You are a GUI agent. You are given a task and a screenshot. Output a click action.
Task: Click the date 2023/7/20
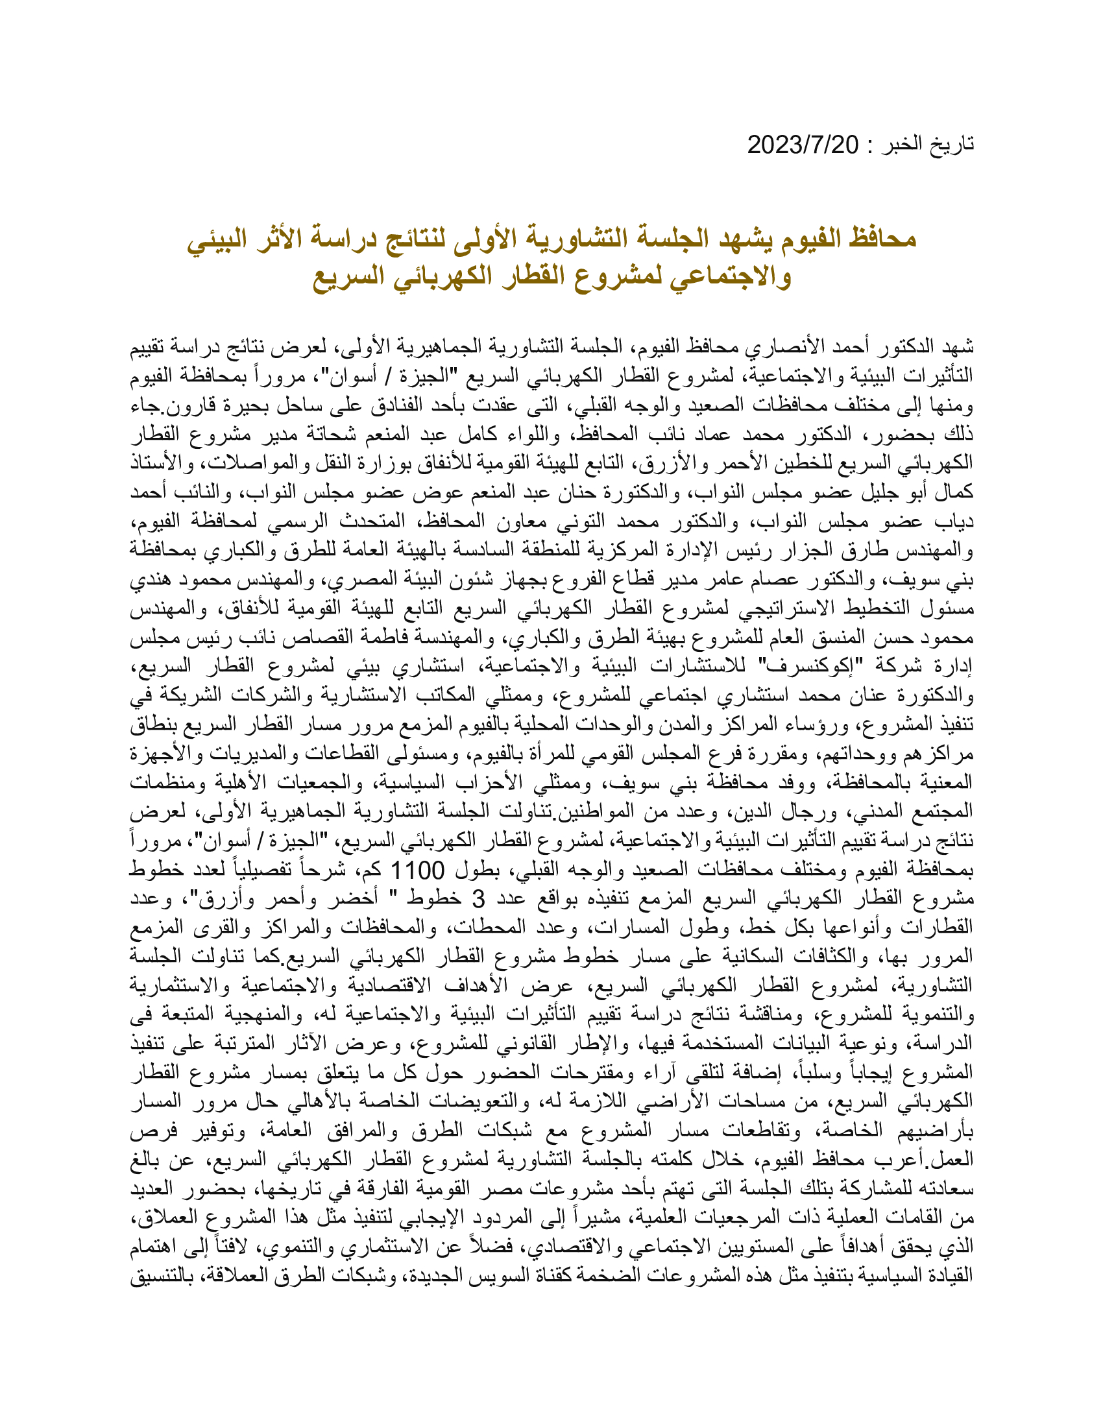803,145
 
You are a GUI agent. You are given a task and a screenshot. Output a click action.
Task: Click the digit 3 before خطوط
479,900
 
